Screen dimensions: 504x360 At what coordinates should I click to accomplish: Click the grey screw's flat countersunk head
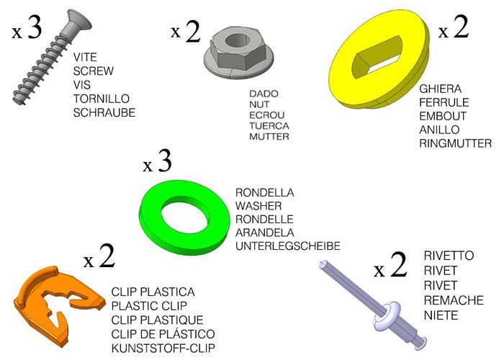point(79,23)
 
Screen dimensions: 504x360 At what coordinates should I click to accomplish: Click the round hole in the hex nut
point(238,41)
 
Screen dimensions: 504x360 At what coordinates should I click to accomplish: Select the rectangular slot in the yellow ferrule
point(377,57)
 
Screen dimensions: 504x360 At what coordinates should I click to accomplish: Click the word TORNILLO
point(102,99)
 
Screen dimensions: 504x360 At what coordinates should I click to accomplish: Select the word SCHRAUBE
point(104,113)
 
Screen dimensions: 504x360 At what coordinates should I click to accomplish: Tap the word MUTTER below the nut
point(269,137)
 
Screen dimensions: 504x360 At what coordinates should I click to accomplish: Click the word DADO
point(264,94)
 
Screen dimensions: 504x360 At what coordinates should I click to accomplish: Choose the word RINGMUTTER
point(455,143)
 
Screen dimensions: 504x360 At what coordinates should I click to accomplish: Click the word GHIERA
point(440,89)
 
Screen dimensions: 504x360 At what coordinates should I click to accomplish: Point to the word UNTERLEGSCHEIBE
point(288,246)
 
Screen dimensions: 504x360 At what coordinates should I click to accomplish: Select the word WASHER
point(258,206)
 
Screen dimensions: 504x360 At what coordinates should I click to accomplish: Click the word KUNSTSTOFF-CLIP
point(163,348)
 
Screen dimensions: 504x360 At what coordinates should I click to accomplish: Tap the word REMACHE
point(454,300)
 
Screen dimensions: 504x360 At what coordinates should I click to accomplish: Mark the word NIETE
point(441,315)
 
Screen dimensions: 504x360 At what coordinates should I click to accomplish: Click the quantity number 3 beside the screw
point(35,27)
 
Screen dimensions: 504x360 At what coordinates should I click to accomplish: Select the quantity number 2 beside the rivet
point(399,264)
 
